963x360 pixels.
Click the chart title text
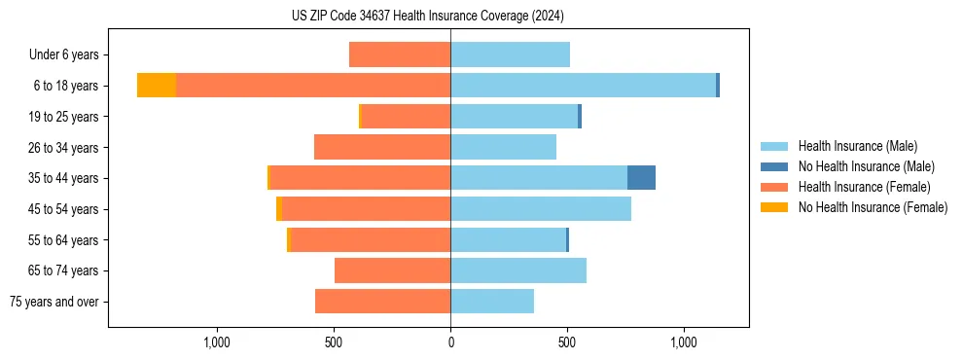point(428,17)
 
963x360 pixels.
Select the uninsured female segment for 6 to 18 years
point(157,86)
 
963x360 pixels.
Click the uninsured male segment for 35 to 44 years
point(641,178)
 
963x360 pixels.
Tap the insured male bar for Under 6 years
point(510,54)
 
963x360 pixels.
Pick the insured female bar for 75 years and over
point(382,302)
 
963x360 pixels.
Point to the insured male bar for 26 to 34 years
point(503,147)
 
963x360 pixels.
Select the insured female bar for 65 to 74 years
point(392,270)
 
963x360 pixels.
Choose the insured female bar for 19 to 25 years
point(406,117)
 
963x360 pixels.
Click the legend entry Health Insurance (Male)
point(857,146)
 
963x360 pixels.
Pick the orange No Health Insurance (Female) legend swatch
point(774,207)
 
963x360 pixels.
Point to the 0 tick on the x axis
point(450,342)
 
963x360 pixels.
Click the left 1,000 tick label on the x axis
point(217,342)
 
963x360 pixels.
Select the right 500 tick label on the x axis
point(567,342)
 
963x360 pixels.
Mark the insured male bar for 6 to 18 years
point(583,86)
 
